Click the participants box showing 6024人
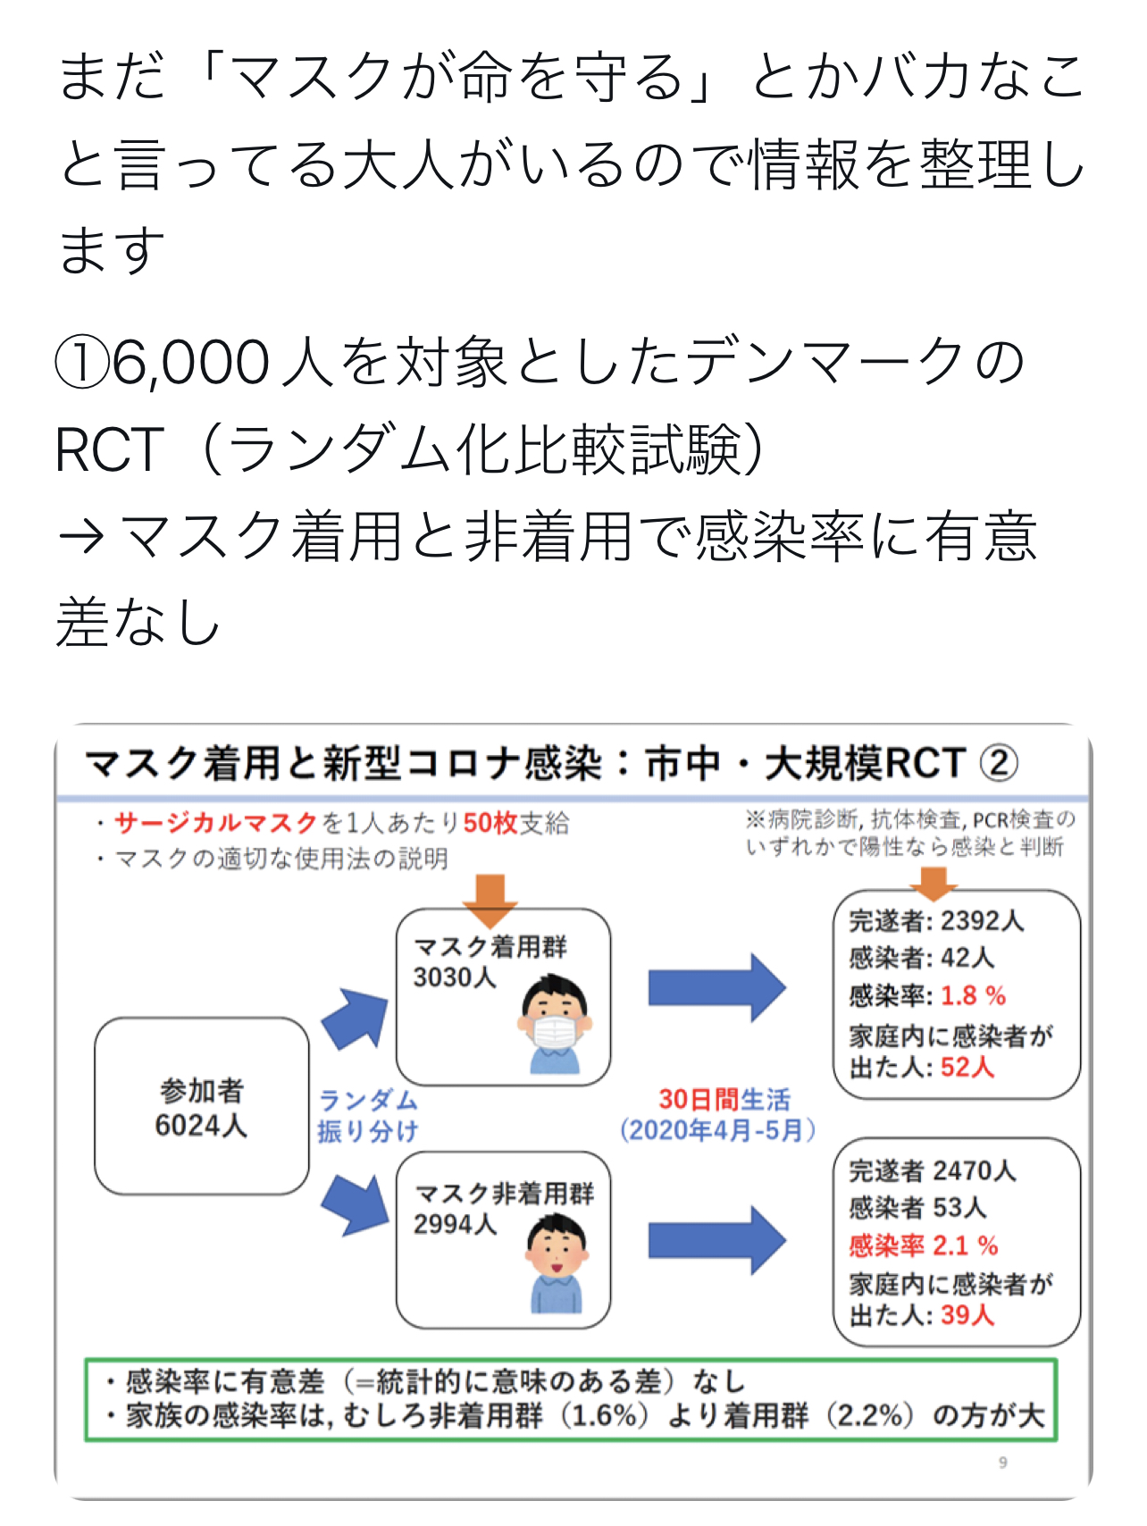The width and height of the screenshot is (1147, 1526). (201, 1107)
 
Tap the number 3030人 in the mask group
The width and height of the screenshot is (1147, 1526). (454, 977)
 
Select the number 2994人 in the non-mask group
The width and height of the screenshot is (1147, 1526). (454, 1224)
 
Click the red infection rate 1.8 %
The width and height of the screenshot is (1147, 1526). (973, 995)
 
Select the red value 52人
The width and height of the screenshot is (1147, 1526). (967, 1067)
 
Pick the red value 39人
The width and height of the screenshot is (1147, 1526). (967, 1315)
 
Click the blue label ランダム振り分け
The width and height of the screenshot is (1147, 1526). (367, 1115)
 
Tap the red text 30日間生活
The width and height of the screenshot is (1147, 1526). (724, 1099)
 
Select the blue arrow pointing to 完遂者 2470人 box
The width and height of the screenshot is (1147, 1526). (716, 1239)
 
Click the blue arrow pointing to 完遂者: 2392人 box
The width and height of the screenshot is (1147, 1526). (716, 987)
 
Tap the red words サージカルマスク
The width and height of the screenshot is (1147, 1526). (216, 823)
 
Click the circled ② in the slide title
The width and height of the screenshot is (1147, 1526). (999, 763)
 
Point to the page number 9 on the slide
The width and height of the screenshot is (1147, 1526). (1002, 1463)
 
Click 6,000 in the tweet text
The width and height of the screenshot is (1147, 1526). (190, 363)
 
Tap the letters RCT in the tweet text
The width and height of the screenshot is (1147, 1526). (109, 449)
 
